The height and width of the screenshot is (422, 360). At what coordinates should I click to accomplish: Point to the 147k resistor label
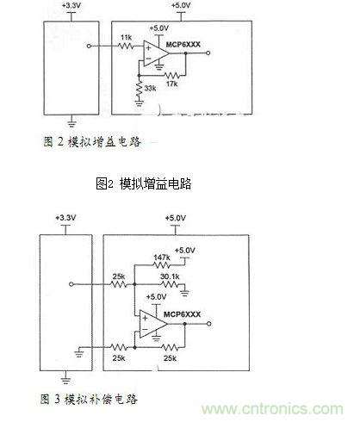click(162, 258)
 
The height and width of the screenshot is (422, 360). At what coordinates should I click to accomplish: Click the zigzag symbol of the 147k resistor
click(162, 266)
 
